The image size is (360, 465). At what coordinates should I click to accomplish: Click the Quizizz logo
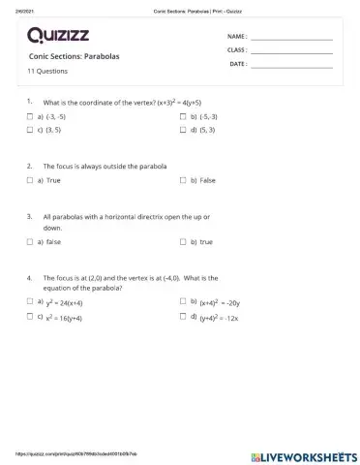60,37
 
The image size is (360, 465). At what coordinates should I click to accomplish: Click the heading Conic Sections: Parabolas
74,56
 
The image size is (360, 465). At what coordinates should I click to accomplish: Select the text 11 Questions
47,72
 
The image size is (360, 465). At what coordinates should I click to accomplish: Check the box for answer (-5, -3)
183,116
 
